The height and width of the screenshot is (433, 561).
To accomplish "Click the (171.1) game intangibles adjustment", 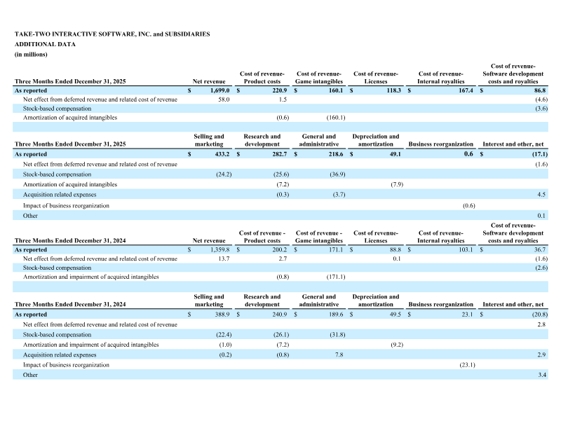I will click(x=332, y=277).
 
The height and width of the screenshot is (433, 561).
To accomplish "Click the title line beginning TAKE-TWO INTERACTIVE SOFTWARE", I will click(x=111, y=34).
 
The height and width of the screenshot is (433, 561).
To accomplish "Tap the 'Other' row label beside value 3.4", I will click(x=31, y=375).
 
